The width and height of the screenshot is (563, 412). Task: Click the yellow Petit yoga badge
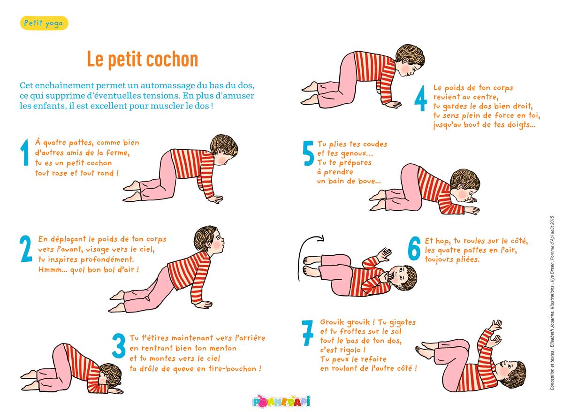[x=44, y=23]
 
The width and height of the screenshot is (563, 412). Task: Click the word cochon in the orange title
[x=172, y=59]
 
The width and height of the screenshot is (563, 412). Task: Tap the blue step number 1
[x=24, y=153]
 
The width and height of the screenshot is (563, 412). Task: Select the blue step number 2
[x=26, y=249]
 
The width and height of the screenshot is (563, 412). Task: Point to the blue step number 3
[x=119, y=345]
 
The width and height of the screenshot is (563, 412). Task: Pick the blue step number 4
[x=421, y=98]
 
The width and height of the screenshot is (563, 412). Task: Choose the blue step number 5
[x=308, y=153]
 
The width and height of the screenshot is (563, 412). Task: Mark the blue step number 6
[x=414, y=248]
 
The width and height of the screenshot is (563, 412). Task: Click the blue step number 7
[x=308, y=333]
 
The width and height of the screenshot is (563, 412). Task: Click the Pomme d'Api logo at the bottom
[x=281, y=401]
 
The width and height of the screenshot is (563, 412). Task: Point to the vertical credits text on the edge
[x=552, y=303]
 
